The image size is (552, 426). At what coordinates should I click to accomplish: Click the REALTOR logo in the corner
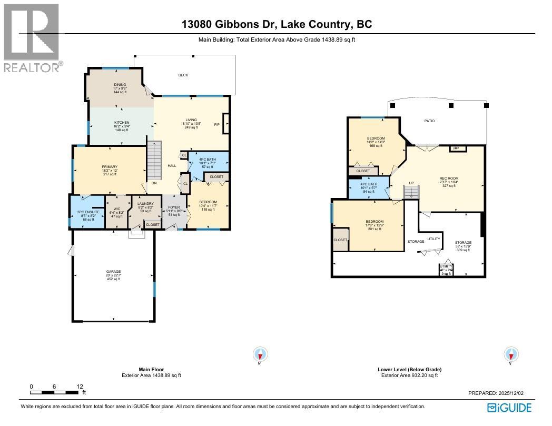tap(32, 37)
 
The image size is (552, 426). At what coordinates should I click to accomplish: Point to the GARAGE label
tap(113, 272)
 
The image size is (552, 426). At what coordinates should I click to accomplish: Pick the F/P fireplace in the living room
tap(216, 124)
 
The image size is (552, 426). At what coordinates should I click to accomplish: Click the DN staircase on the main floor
tap(154, 183)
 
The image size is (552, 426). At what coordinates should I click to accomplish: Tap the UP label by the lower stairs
tap(411, 183)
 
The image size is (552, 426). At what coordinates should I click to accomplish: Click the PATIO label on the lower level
tap(429, 121)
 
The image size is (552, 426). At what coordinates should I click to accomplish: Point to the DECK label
tap(183, 75)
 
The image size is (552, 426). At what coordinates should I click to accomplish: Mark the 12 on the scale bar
tap(80, 387)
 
